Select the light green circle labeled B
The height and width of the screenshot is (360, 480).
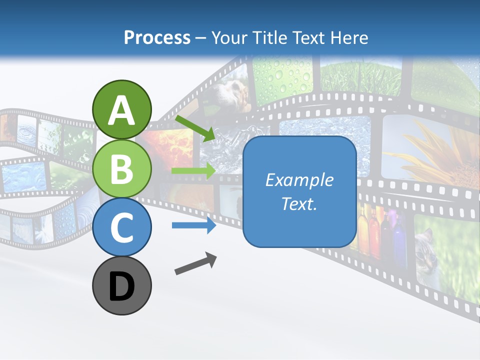121,168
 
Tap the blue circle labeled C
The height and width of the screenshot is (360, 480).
121,227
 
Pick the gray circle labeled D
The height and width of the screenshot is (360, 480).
121,286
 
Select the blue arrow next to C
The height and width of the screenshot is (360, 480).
193,225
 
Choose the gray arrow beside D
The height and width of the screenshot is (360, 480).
195,263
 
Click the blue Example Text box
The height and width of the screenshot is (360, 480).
299,191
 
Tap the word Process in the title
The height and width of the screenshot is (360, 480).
157,37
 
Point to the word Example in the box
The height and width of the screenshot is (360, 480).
299,180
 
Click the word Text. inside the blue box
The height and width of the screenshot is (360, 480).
299,203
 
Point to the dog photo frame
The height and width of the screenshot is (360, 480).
227,95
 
